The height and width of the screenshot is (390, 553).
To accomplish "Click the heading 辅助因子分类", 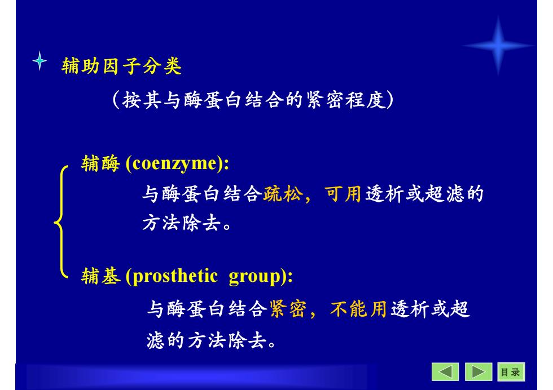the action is point(121,66).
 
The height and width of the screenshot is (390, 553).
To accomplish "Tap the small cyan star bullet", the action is point(40,61).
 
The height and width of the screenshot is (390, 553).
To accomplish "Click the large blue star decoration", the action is point(498,46).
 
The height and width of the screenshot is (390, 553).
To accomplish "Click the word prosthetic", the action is point(175,276).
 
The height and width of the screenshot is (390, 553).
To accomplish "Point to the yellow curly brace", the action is point(61,222).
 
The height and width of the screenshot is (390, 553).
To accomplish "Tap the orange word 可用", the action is point(343,194).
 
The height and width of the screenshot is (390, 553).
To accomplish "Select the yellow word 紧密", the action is point(288,309).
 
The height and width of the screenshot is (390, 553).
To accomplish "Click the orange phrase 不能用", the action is point(358,309).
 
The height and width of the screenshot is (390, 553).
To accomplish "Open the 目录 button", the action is point(511,372).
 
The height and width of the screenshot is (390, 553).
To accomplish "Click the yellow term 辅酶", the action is point(100,164).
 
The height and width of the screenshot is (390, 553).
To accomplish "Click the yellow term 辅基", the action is point(101,276).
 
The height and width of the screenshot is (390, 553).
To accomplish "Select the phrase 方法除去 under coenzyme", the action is point(182,223).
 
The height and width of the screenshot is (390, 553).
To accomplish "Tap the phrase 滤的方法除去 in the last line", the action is point(207,340).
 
